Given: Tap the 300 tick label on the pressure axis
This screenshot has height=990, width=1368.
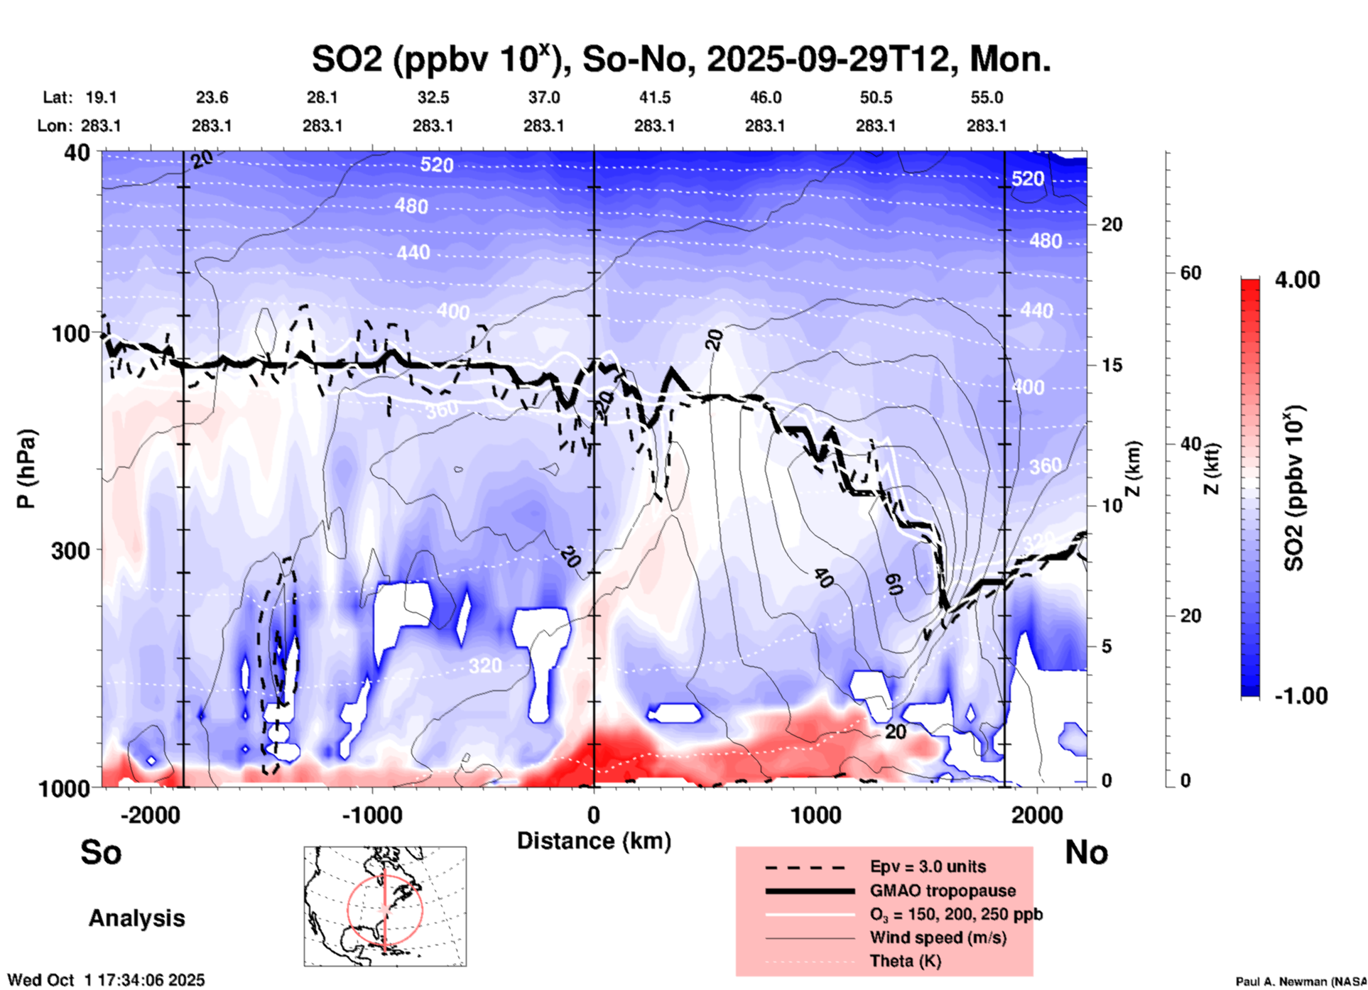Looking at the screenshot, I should [x=70, y=550].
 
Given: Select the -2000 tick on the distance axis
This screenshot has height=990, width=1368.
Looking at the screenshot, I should [x=151, y=815].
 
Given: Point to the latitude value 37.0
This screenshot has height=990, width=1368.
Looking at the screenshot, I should [x=543, y=97].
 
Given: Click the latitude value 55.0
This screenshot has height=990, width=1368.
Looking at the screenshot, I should [x=987, y=97].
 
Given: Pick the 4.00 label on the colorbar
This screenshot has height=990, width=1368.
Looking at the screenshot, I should [x=1297, y=280].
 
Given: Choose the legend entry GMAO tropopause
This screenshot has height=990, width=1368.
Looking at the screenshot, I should [x=943, y=891].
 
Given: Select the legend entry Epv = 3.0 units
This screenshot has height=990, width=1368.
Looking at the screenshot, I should [x=928, y=867].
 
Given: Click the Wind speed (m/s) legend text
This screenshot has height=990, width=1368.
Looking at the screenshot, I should [x=938, y=937].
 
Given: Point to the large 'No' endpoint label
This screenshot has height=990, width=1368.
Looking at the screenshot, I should [x=1086, y=852].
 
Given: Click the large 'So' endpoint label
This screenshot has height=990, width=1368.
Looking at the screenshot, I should [x=101, y=852].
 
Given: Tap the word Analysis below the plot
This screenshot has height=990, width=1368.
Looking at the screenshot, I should [x=136, y=918].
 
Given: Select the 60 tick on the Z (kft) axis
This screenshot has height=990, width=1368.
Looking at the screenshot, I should [x=1190, y=273].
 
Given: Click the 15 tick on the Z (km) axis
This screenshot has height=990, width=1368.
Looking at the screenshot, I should [x=1112, y=365].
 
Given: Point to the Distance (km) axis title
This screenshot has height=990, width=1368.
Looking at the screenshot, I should [x=594, y=841].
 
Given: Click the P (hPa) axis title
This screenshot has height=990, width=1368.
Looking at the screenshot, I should [x=26, y=469].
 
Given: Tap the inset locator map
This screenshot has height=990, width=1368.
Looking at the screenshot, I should [x=385, y=906].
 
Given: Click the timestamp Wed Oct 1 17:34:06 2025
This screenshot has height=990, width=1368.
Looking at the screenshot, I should [x=107, y=980].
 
